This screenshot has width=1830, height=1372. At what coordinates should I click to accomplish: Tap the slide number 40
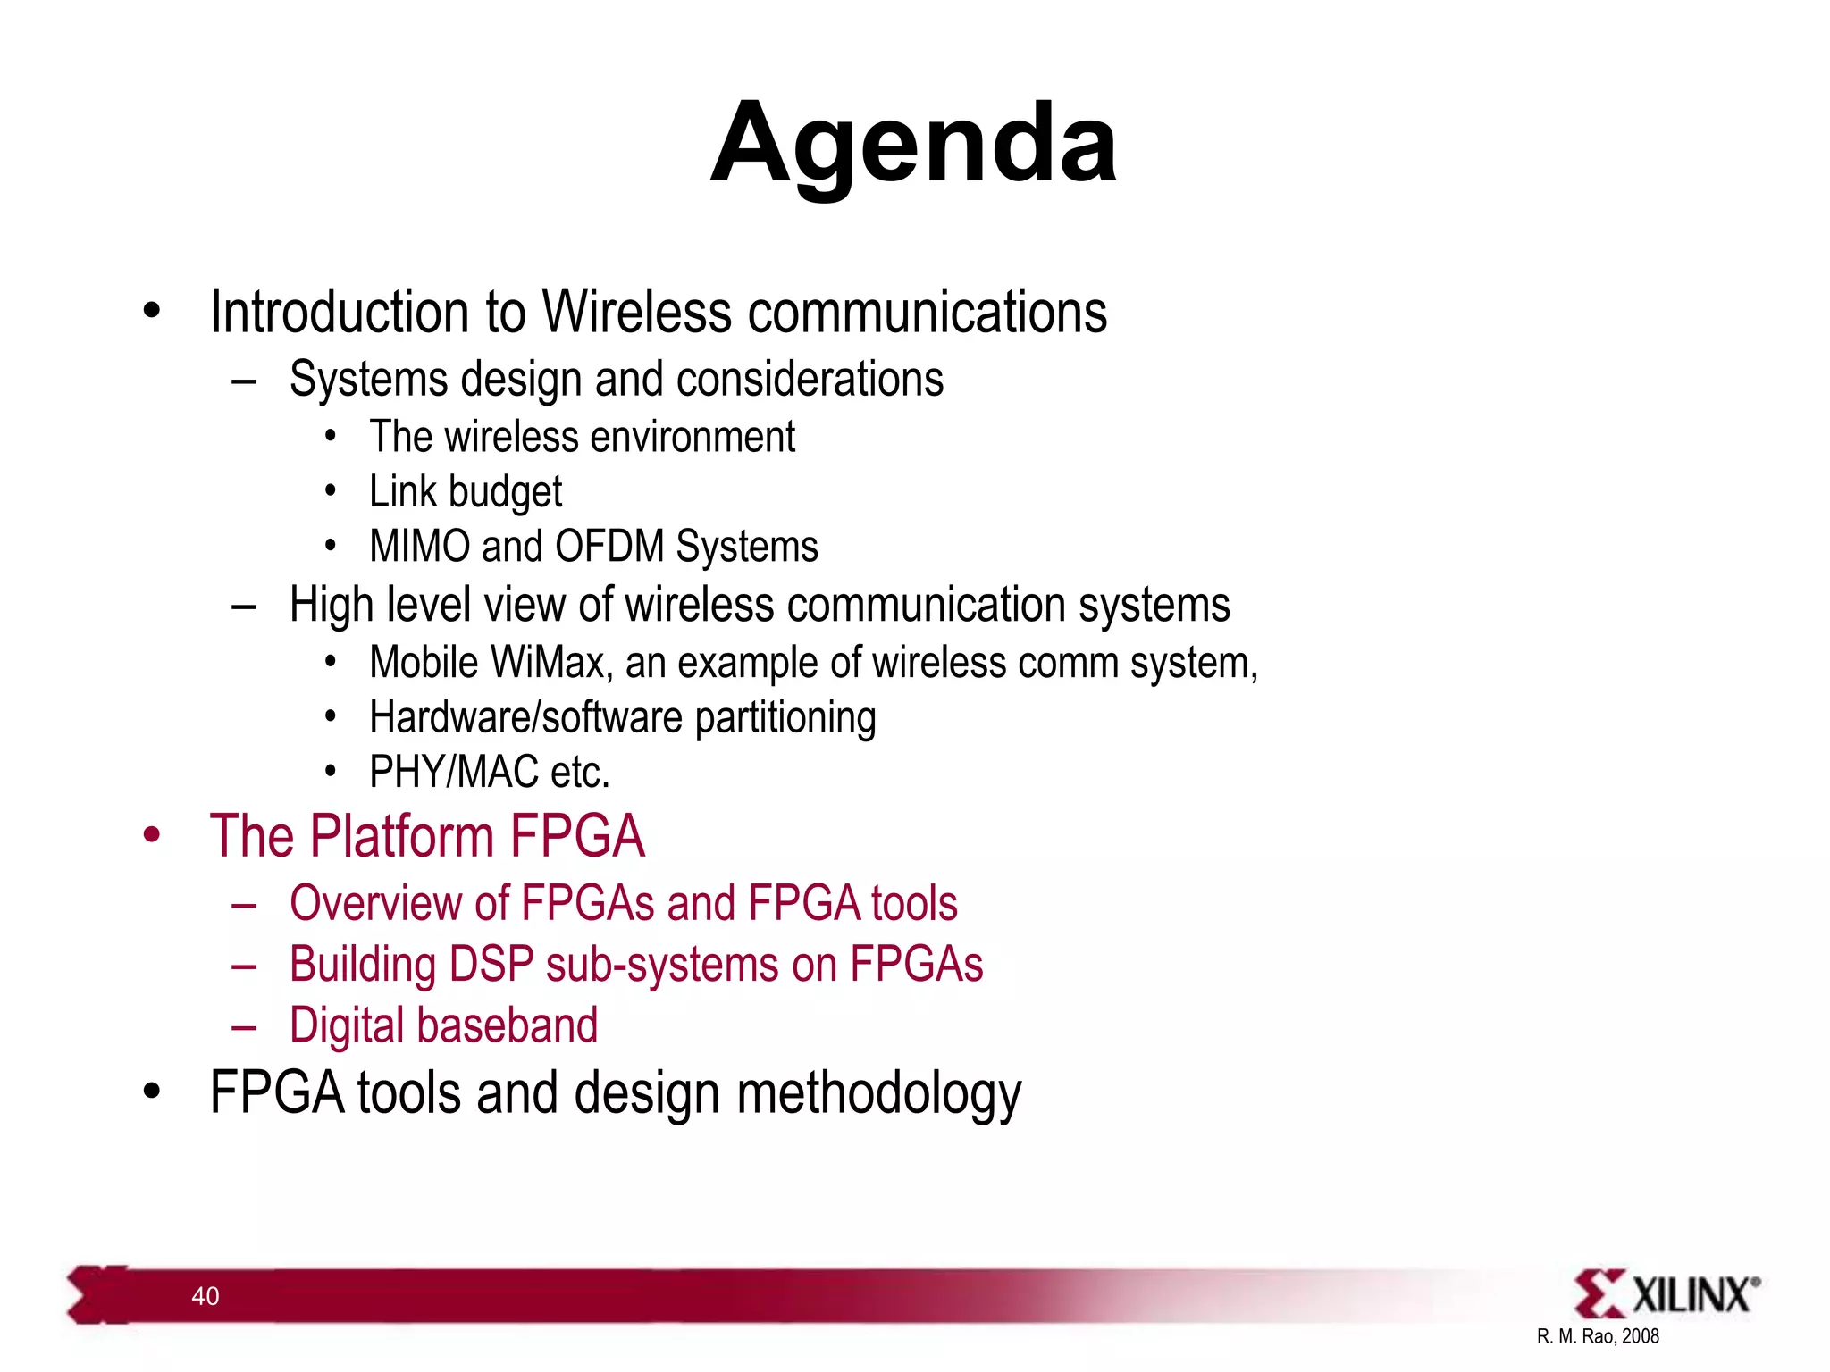206,1296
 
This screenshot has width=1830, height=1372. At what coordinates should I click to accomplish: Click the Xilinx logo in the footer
1666,1294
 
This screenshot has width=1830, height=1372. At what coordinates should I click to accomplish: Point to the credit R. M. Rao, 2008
1598,1336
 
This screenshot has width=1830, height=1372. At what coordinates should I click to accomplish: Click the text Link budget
466,492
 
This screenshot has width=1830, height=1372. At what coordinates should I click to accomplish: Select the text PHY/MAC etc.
490,773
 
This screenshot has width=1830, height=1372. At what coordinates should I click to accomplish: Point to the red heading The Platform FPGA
427,837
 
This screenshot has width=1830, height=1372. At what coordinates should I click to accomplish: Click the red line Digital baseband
443,1025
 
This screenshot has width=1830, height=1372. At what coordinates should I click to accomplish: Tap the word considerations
810,380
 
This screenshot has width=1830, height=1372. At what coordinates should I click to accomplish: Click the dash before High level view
243,607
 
